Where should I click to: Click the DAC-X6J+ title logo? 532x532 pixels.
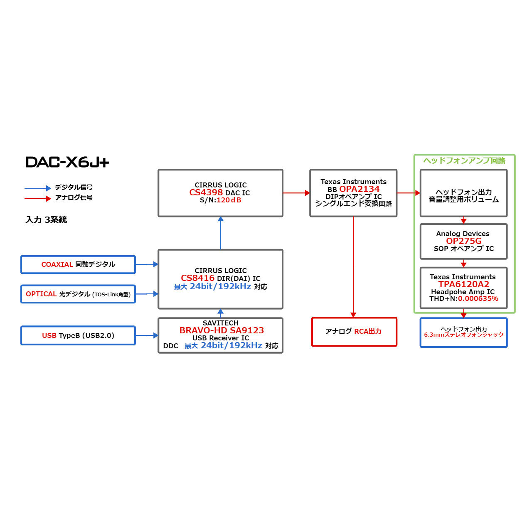coord(67,162)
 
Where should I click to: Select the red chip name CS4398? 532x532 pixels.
coord(206,192)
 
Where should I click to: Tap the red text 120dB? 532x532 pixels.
coord(229,200)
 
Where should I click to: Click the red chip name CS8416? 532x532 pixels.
coord(197,278)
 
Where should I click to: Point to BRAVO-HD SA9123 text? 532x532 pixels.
coord(222,330)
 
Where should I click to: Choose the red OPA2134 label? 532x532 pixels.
coord(359,189)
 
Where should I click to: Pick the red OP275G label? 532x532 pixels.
coord(463,241)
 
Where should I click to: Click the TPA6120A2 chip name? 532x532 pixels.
coord(463,284)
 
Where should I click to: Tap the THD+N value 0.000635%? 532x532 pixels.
coord(478,298)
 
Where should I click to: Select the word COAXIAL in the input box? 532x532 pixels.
coord(57,264)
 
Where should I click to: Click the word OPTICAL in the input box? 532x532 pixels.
coord(41,294)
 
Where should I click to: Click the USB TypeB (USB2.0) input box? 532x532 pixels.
coord(78,335)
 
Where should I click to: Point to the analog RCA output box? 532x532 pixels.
coord(354,332)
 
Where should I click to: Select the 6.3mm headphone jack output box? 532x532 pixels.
coord(463,332)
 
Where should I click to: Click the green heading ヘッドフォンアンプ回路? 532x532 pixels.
coord(464,161)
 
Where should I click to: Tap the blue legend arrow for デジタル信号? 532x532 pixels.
coord(38,188)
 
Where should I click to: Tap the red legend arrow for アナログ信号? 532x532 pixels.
coord(38,199)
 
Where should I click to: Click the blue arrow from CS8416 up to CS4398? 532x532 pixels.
coord(221,233)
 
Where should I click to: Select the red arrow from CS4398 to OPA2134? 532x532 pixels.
coord(296,193)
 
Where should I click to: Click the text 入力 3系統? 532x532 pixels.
coord(46,220)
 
